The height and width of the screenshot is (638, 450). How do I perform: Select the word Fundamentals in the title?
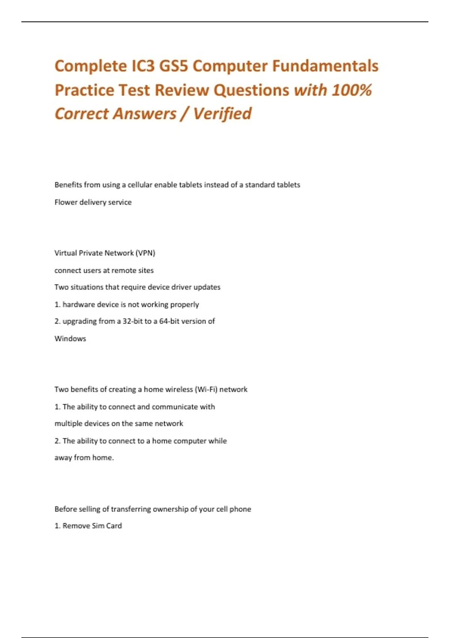point(325,66)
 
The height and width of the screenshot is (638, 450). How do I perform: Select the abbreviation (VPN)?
point(145,253)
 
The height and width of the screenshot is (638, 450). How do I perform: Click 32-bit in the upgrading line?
point(132,321)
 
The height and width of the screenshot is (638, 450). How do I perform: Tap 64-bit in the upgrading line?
point(169,321)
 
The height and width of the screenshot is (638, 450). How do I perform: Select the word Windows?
point(70,339)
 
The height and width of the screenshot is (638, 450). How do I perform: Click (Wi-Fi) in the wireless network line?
point(206,390)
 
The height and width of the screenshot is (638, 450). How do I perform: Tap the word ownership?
point(170,509)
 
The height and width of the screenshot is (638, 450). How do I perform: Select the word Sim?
point(98,526)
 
